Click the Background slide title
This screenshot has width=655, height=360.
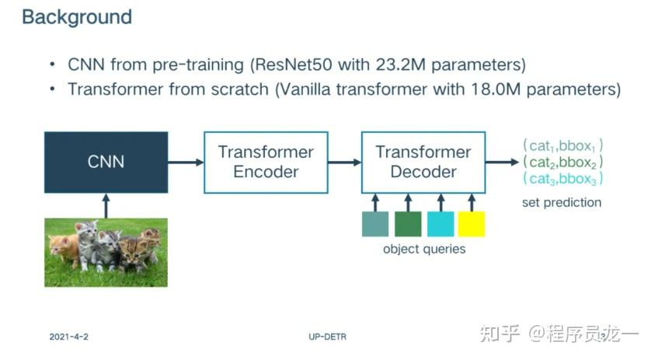click(77, 17)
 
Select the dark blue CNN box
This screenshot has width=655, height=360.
click(106, 163)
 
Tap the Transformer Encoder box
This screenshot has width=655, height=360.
click(265, 162)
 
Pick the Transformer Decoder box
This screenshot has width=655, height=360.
click(423, 162)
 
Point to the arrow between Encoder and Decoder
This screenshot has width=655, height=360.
click(343, 163)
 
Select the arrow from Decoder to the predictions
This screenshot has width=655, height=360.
click(501, 163)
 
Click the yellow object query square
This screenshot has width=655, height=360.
click(471, 224)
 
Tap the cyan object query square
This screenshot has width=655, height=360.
click(440, 224)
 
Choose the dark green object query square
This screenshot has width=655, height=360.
click(407, 224)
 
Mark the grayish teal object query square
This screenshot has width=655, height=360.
click(375, 224)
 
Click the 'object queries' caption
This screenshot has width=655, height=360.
click(424, 250)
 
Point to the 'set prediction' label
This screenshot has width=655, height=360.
click(562, 203)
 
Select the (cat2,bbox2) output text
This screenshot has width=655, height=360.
click(563, 163)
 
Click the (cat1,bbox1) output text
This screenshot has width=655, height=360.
click(563, 146)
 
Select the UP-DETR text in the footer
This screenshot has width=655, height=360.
click(326, 337)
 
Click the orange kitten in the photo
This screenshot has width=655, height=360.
click(64, 247)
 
